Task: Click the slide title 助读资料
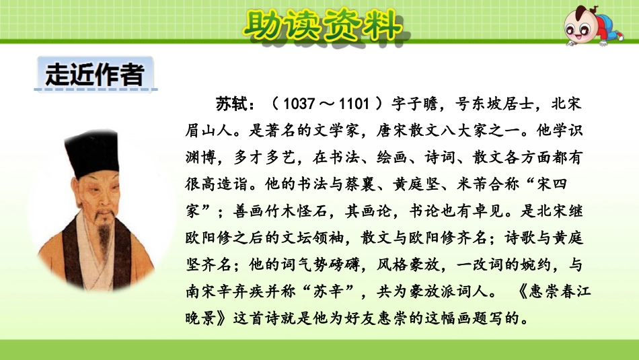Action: pyautogui.click(x=320, y=27)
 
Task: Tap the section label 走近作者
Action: pyautogui.click(x=94, y=74)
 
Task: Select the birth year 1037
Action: pyautogui.click(x=299, y=105)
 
